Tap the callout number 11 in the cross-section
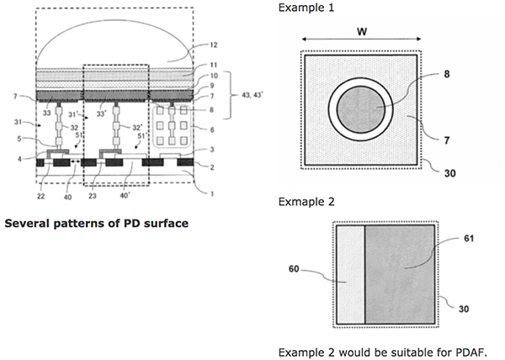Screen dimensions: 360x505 coord(214,64)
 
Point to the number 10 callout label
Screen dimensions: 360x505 coord(214,77)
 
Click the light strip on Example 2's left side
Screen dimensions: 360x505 coord(350,274)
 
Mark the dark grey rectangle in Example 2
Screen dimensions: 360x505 coord(401,274)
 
